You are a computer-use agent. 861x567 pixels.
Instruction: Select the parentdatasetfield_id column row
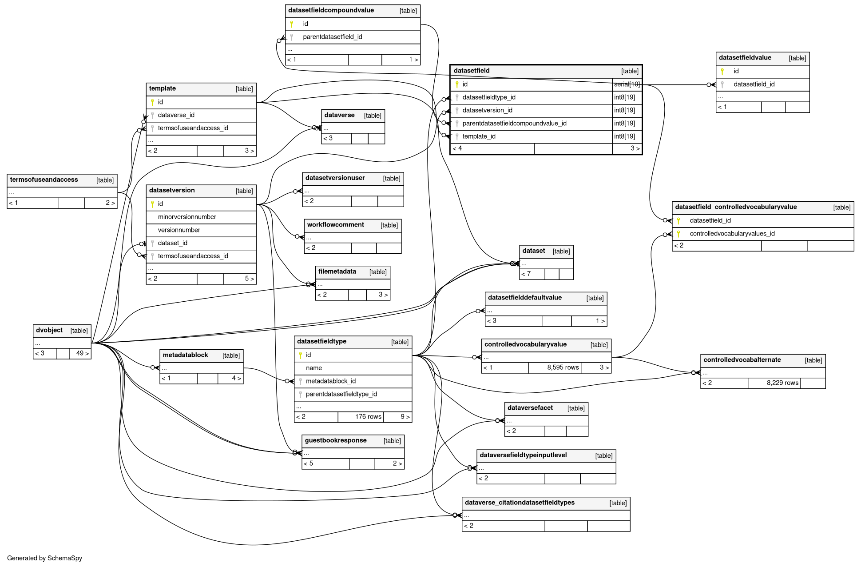coord(353,37)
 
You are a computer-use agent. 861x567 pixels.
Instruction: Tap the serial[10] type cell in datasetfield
coord(627,84)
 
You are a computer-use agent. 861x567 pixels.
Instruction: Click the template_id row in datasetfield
coord(532,136)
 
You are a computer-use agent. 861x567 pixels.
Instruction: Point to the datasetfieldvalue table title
coord(745,58)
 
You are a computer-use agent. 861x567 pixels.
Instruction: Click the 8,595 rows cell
coord(555,367)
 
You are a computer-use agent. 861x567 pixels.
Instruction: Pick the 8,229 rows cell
coord(774,383)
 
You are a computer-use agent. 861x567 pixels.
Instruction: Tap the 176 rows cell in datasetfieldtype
coord(361,417)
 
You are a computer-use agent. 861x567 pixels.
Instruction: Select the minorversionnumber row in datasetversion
coord(201,217)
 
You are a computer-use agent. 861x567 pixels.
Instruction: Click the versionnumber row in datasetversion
coord(201,230)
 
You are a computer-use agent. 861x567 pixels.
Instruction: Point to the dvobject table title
coord(49,330)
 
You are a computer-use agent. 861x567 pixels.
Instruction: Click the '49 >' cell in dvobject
coord(80,353)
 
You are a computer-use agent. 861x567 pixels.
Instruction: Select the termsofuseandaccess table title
coord(44,180)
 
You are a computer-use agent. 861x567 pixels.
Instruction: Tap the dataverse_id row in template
coord(201,115)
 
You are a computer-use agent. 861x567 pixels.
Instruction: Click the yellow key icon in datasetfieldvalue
coord(722,71)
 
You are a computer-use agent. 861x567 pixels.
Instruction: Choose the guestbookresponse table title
coord(336,440)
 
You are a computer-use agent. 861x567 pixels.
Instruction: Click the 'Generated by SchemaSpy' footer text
coord(44,558)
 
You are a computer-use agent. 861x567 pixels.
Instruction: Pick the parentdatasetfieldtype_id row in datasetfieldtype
coord(353,394)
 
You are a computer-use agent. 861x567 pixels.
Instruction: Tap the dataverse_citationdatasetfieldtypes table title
coord(520,503)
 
